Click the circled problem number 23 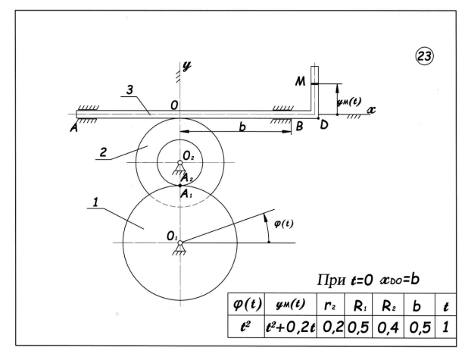[424, 56]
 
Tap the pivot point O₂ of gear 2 [179, 162]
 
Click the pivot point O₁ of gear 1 [180, 243]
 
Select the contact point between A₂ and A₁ [180, 186]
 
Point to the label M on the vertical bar [300, 81]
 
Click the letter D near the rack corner [324, 125]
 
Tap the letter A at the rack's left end [73, 127]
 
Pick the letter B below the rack [299, 127]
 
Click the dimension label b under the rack [242, 127]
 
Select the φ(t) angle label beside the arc [283, 223]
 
